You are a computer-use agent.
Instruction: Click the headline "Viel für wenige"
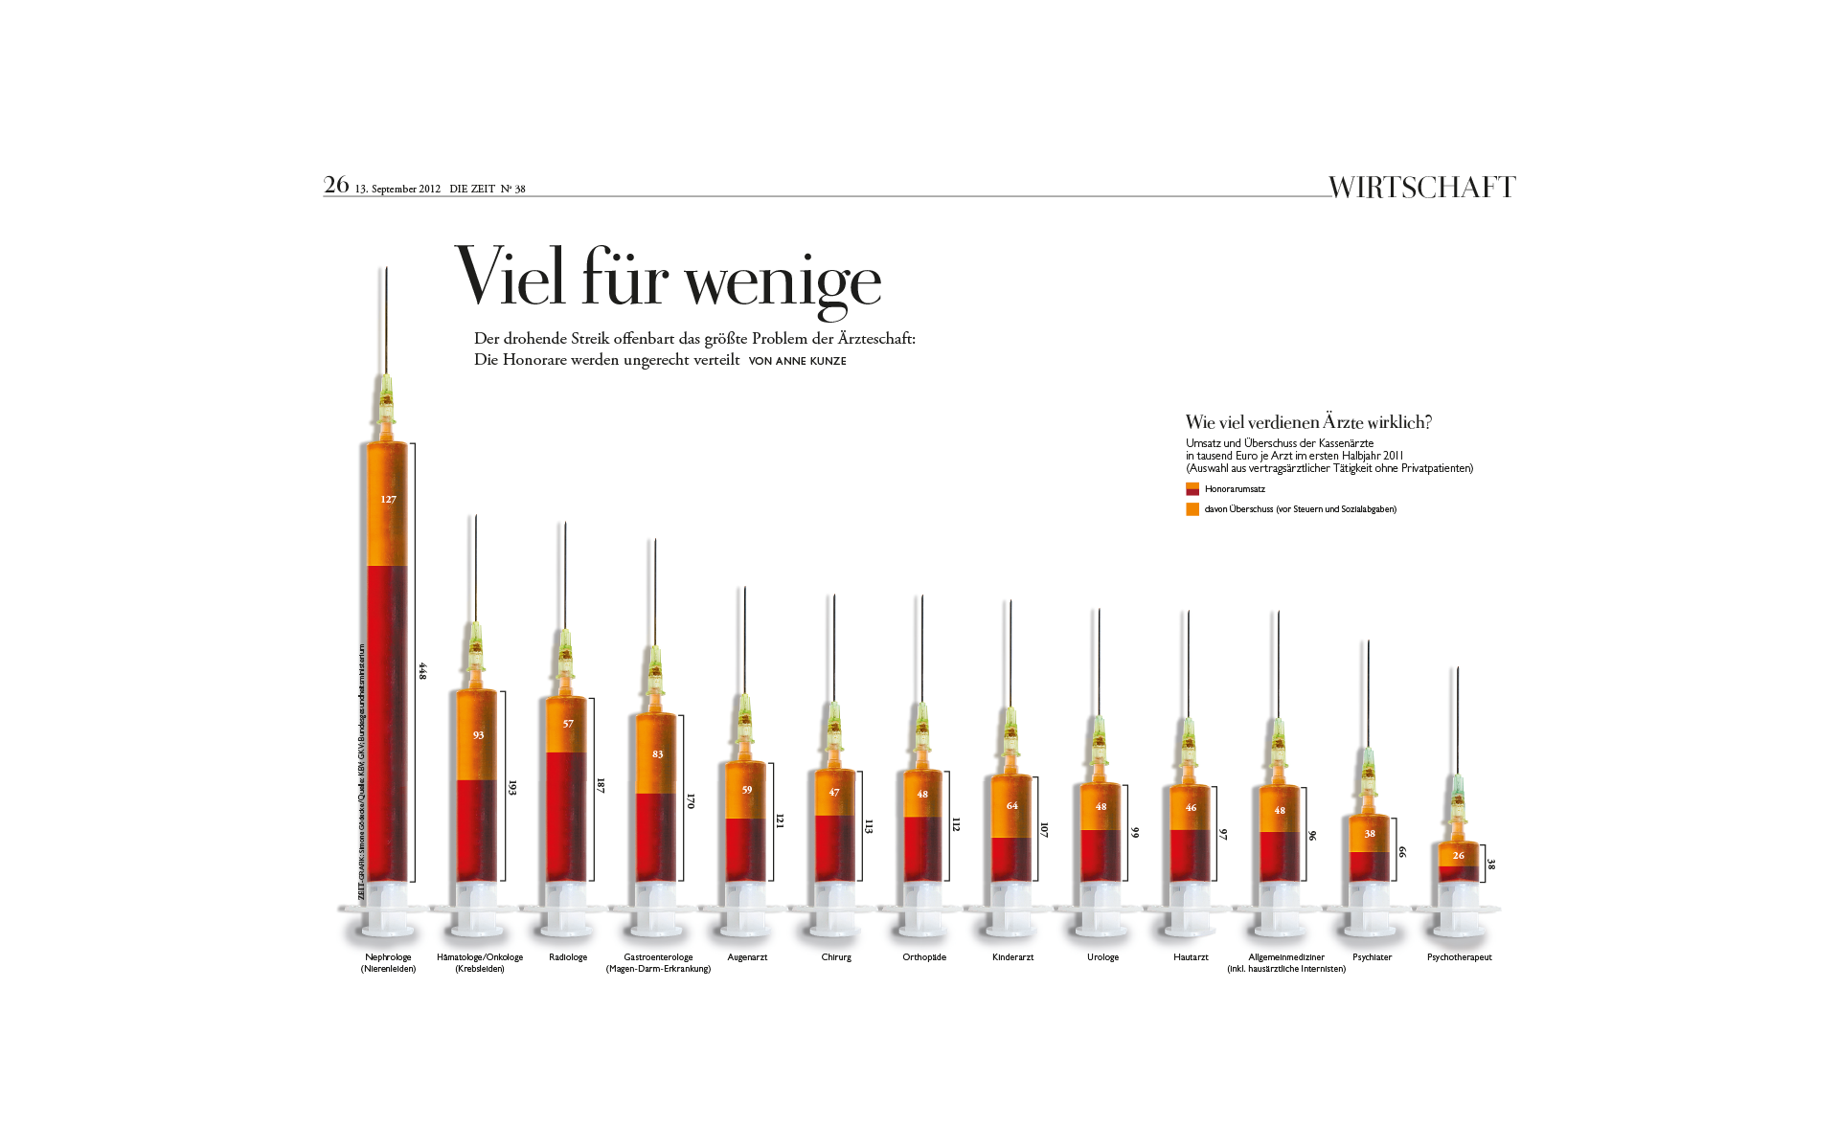coord(668,280)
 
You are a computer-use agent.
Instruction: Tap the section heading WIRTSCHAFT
coord(1421,187)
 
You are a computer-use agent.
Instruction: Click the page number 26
coord(336,185)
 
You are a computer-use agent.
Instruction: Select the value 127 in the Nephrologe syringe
coord(388,500)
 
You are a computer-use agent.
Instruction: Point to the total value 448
coord(422,671)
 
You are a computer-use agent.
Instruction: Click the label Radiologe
coord(568,957)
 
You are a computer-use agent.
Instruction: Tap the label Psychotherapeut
coord(1459,957)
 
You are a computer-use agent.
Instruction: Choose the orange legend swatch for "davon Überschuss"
coord(1192,509)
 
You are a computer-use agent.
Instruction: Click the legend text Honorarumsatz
coord(1235,489)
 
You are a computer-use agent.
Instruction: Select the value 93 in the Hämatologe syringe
coord(478,735)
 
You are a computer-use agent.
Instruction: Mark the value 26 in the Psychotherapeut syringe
coord(1458,856)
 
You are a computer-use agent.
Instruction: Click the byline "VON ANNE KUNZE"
coord(797,361)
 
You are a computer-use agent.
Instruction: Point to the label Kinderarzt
coord(1012,957)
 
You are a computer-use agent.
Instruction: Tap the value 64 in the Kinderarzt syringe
coord(1011,806)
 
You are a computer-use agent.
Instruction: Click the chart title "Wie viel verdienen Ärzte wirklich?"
coord(1308,422)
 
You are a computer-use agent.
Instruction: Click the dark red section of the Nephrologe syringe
coord(387,718)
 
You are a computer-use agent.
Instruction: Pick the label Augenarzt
coord(747,957)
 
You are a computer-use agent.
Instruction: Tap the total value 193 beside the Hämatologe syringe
coord(512,787)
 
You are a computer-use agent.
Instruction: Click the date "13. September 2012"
coord(397,189)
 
